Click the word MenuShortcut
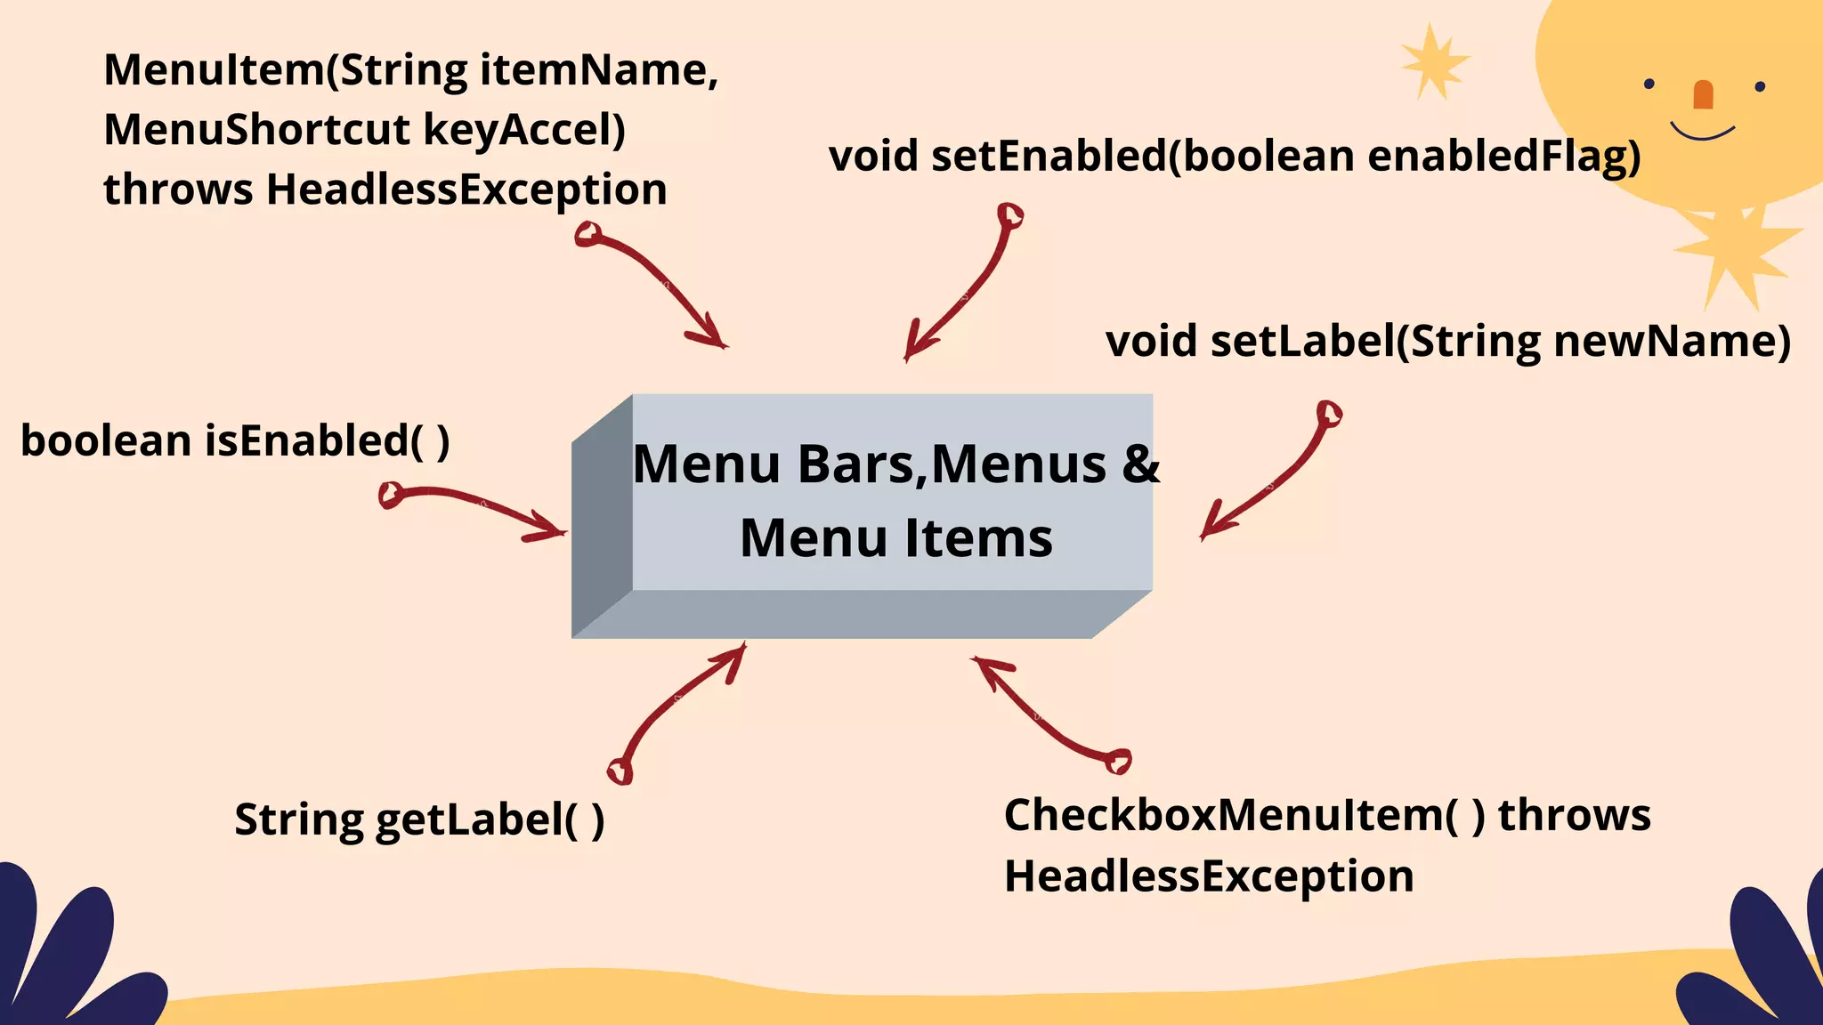click(x=255, y=130)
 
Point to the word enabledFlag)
click(x=1503, y=157)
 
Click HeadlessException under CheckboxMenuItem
click(x=1209, y=876)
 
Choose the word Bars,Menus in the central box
click(x=952, y=464)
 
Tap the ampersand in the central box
click(x=1141, y=464)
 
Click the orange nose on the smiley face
click(x=1703, y=94)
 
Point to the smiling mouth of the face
click(x=1702, y=133)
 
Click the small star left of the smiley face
click(x=1432, y=61)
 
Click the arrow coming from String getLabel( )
click(x=676, y=707)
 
